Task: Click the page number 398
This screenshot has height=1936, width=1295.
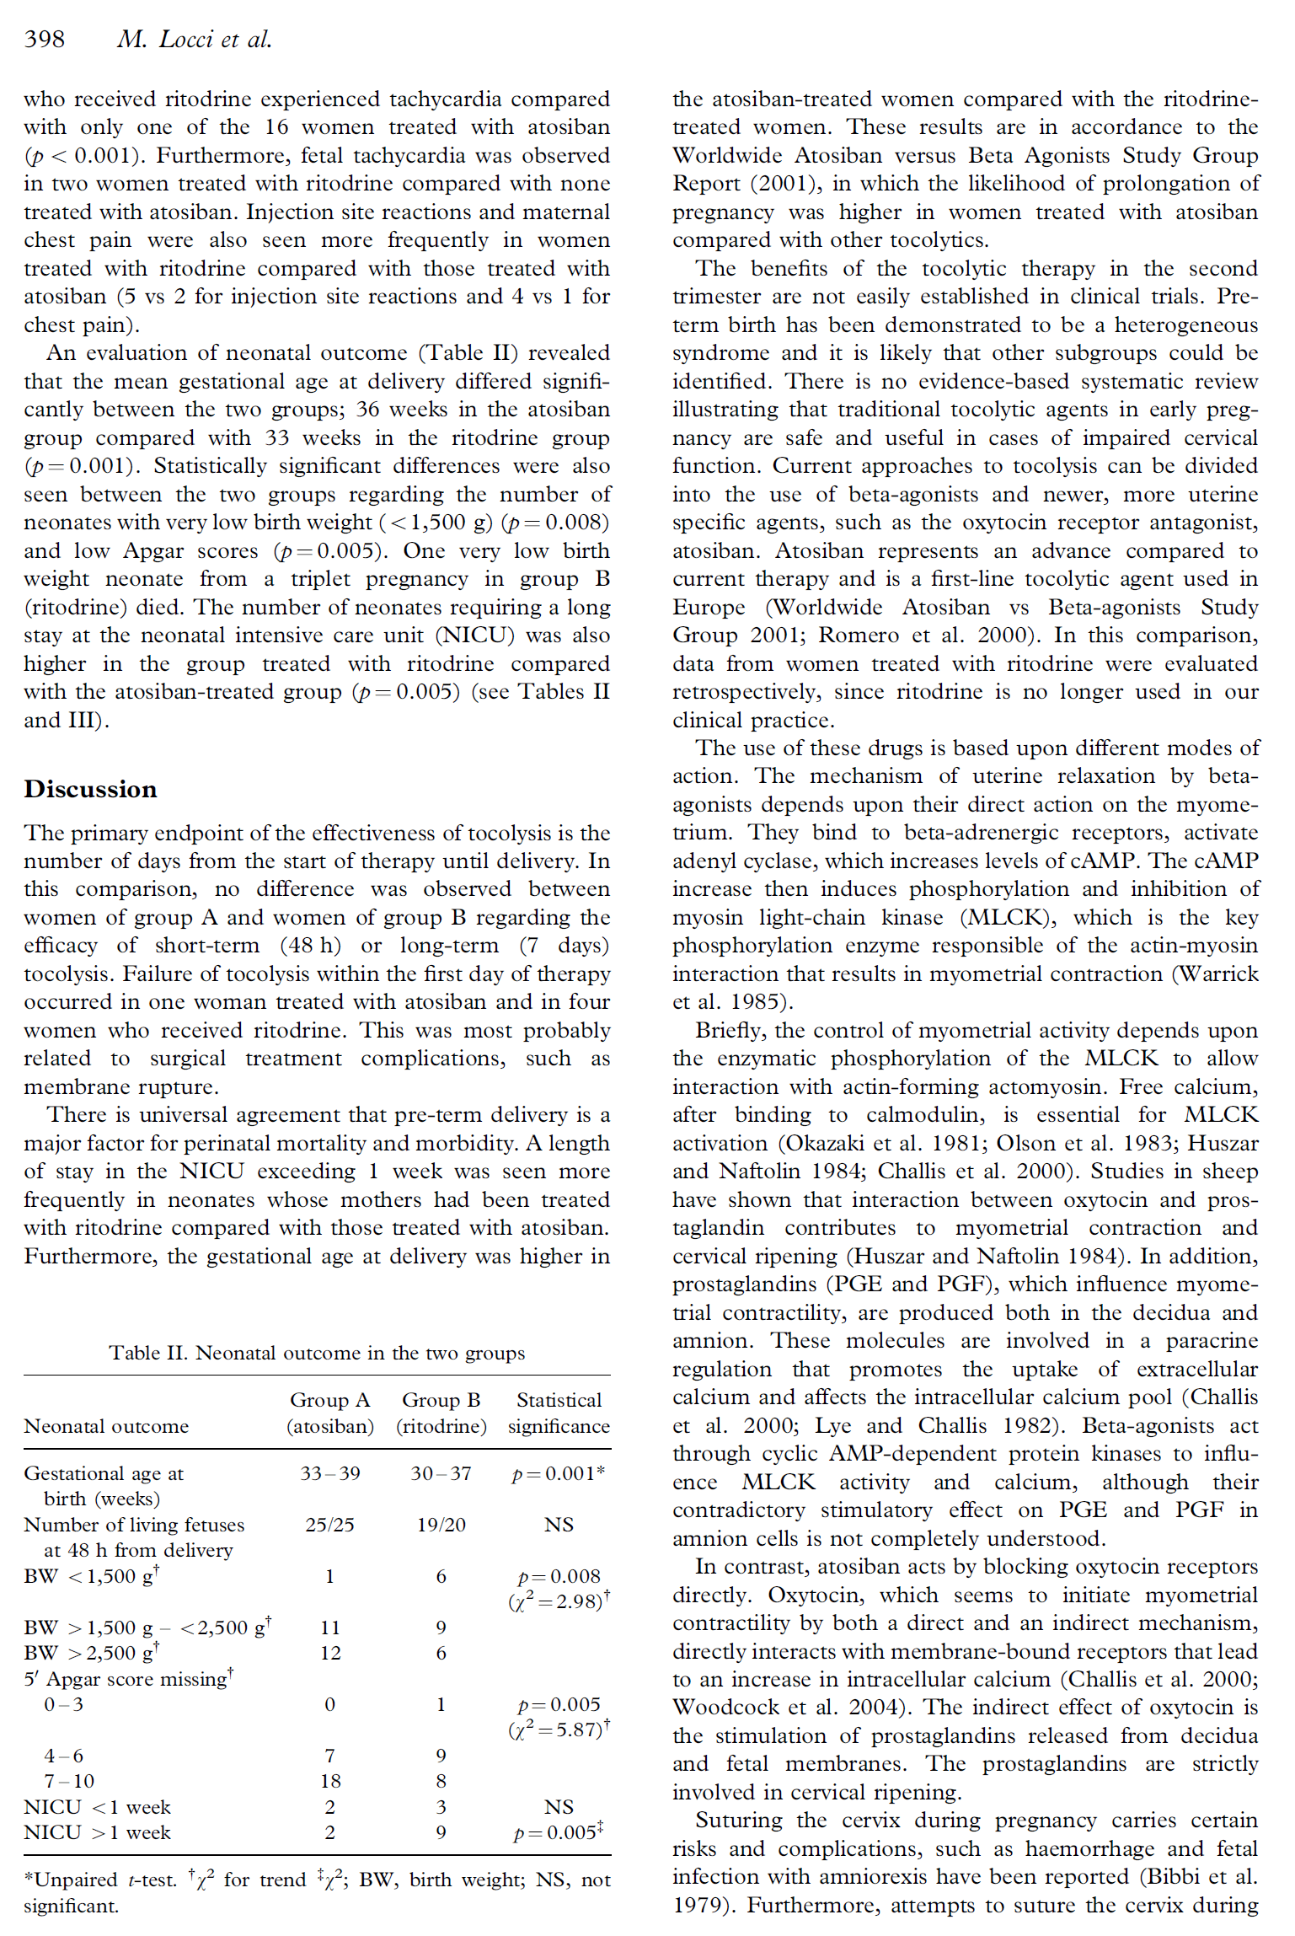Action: click(x=44, y=39)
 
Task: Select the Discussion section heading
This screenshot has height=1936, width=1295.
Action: click(x=90, y=789)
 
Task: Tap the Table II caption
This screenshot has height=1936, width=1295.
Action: click(x=316, y=1352)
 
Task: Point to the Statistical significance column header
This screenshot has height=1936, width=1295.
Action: click(x=559, y=1413)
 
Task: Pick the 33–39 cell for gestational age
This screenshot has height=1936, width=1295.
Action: click(x=330, y=1472)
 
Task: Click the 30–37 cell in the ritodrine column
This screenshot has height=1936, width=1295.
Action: click(x=441, y=1472)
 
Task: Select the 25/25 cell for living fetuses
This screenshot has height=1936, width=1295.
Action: click(x=329, y=1524)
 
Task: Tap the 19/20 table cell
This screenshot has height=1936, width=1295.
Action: click(x=441, y=1524)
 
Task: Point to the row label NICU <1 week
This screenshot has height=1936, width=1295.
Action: click(x=97, y=1806)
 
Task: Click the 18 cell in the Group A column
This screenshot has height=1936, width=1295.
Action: click(x=330, y=1781)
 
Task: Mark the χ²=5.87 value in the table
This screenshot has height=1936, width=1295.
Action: click(x=559, y=1730)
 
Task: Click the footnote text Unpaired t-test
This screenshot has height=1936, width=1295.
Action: click(x=76, y=1879)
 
